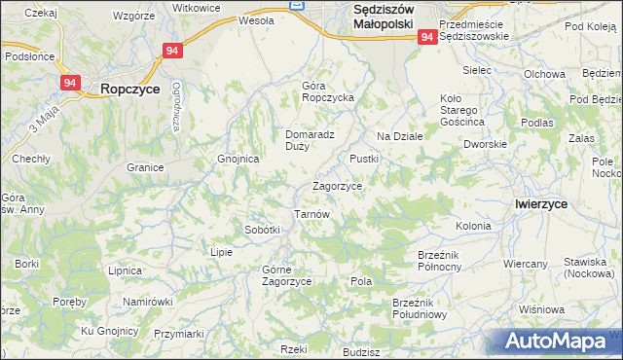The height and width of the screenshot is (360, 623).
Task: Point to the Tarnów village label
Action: point(312,214)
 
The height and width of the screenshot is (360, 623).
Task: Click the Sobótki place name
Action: point(262,230)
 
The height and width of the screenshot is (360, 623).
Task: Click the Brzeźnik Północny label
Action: point(444,260)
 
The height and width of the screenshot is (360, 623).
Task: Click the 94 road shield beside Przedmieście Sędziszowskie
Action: point(427,36)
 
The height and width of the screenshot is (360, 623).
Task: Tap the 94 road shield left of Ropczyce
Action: point(69,84)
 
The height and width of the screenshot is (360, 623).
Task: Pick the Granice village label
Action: point(144,167)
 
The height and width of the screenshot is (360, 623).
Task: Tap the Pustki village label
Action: point(364,158)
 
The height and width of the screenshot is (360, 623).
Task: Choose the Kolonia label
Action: point(473,226)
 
